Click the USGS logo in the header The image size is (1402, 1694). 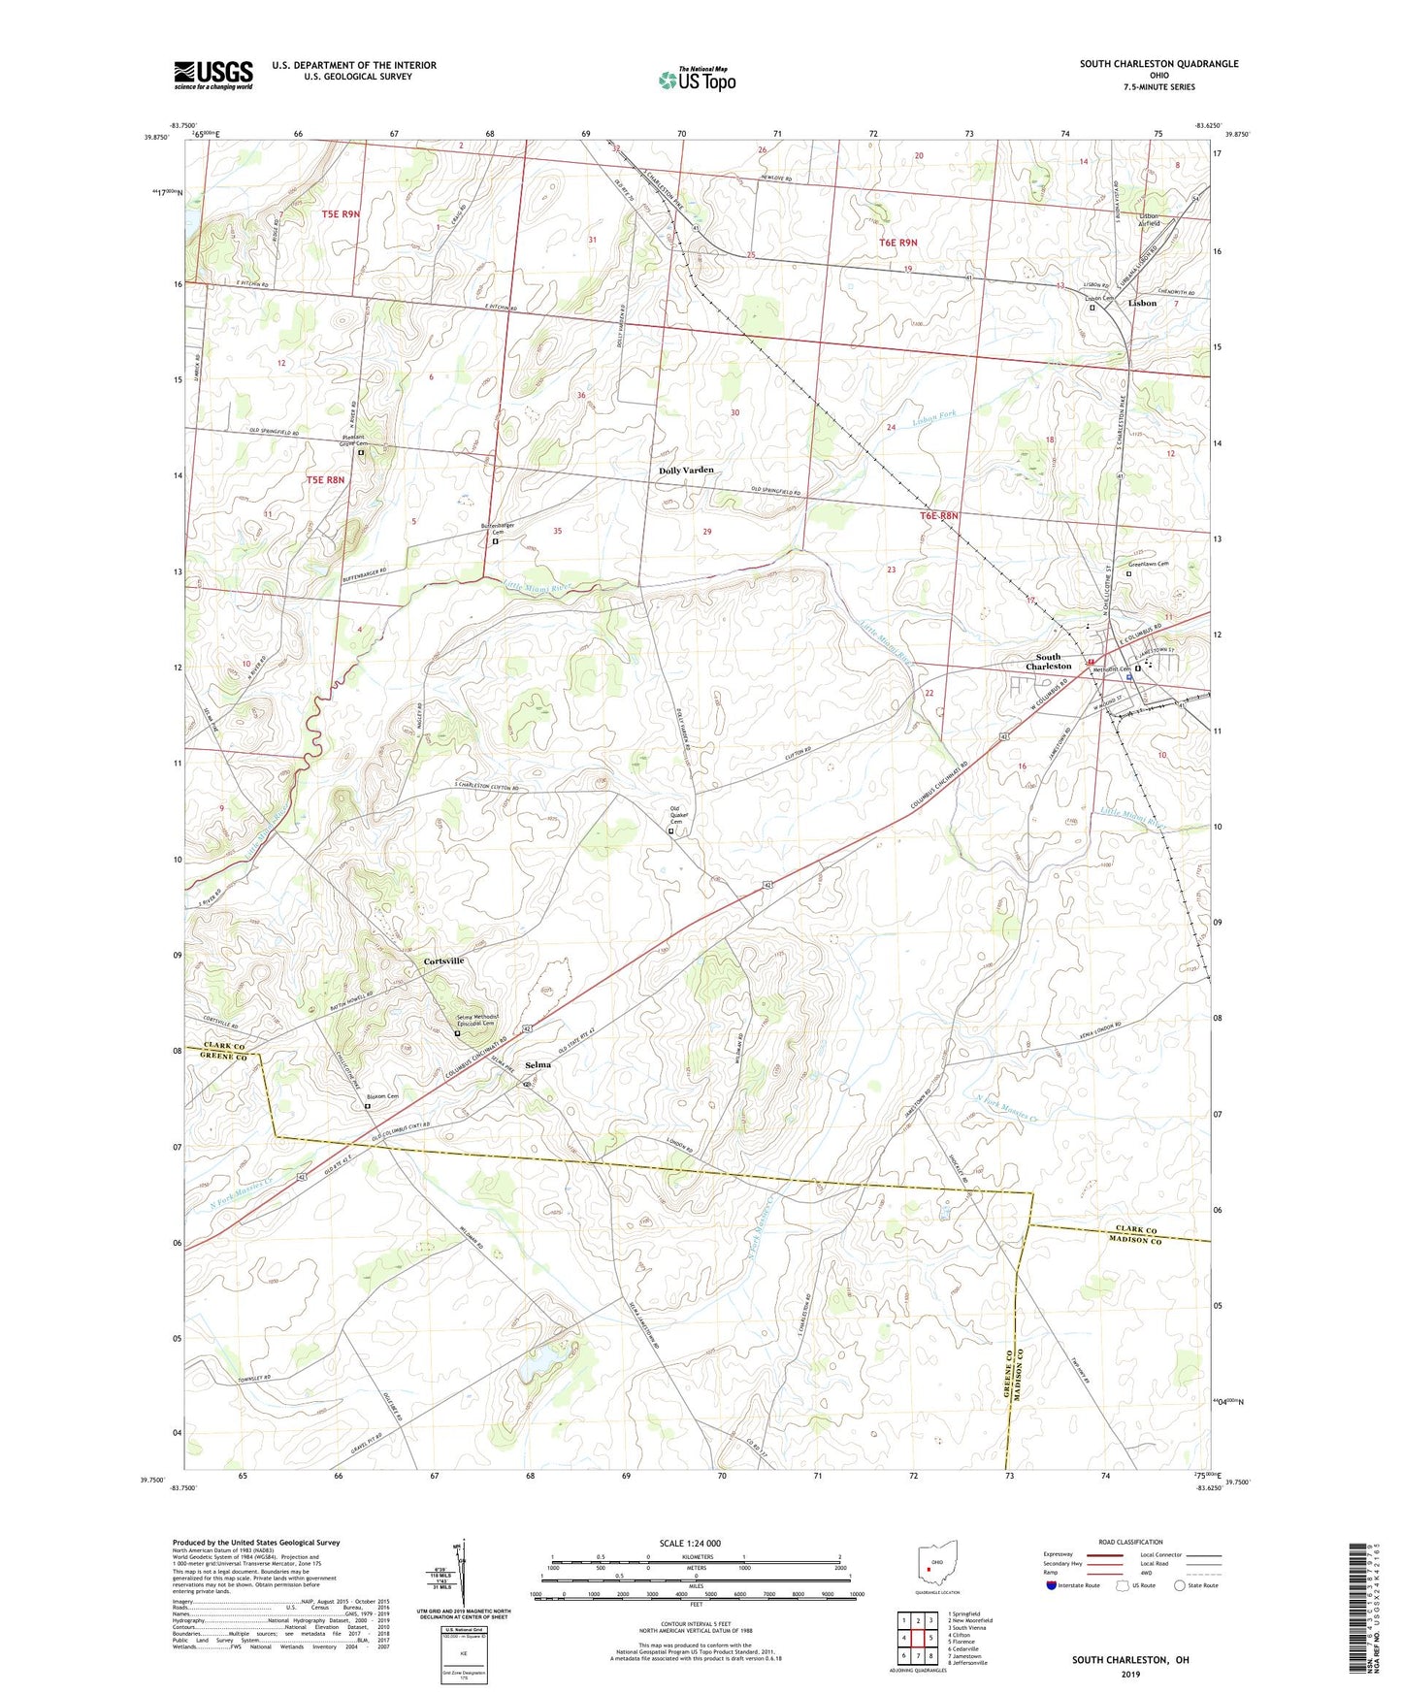point(213,75)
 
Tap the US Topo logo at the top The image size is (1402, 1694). point(697,80)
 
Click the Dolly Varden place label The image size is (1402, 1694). point(686,470)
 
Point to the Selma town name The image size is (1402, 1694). point(538,1064)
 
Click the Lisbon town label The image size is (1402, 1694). point(1142,303)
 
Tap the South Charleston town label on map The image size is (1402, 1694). point(1048,662)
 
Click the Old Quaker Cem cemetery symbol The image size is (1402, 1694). point(671,831)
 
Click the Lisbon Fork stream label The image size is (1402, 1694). point(933,415)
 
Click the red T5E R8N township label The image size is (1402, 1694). point(325,479)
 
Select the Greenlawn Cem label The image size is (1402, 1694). point(1148,564)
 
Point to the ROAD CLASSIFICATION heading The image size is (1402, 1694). point(1130,1542)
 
